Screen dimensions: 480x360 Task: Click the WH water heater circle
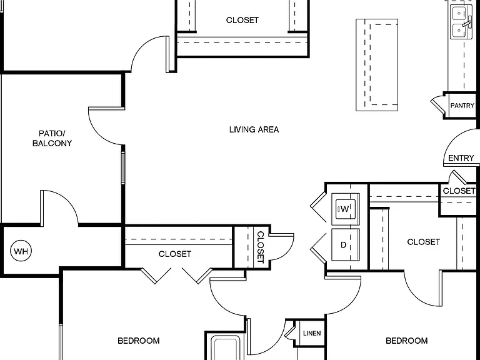pyautogui.click(x=21, y=251)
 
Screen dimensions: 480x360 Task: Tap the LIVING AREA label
pyautogui.click(x=254, y=129)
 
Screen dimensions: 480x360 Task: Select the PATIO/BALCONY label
pyautogui.click(x=52, y=138)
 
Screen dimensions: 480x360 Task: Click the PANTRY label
pyautogui.click(x=462, y=105)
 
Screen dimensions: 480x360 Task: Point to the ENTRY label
pyautogui.click(x=461, y=158)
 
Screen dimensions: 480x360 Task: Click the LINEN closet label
pyautogui.click(x=312, y=333)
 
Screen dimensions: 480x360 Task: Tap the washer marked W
pyautogui.click(x=345, y=209)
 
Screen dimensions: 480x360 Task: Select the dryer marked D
pyautogui.click(x=345, y=244)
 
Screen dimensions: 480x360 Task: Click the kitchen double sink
pyautogui.click(x=461, y=22)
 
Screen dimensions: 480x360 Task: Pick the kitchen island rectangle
pyautogui.click(x=377, y=65)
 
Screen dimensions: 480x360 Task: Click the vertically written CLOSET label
pyautogui.click(x=260, y=247)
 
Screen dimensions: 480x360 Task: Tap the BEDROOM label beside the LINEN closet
pyautogui.click(x=406, y=341)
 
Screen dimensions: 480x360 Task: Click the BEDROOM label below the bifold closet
pyautogui.click(x=138, y=341)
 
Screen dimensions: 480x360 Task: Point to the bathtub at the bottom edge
pyautogui.click(x=226, y=347)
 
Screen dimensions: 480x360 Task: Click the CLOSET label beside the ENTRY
pyautogui.click(x=459, y=191)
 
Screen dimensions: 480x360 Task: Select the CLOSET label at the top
pyautogui.click(x=242, y=20)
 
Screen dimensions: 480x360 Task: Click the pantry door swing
pyautogui.click(x=437, y=104)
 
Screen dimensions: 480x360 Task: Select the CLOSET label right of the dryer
pyautogui.click(x=423, y=242)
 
